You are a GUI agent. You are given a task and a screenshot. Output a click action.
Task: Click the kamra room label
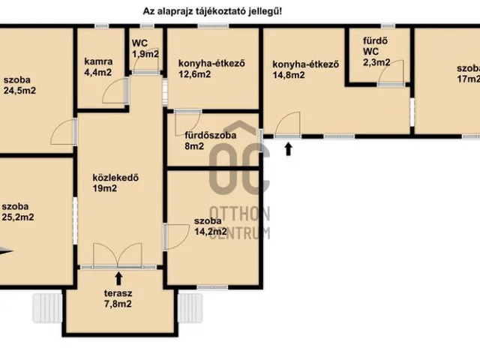pyautogui.click(x=98, y=61)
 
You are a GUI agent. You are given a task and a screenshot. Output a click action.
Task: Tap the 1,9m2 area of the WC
pyautogui.click(x=145, y=54)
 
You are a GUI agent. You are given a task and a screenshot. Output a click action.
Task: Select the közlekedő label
pyautogui.click(x=115, y=178)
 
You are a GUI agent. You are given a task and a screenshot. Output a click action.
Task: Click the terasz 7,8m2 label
pyautogui.click(x=118, y=298)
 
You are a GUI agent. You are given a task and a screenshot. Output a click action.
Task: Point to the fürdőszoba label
pyautogui.click(x=210, y=135)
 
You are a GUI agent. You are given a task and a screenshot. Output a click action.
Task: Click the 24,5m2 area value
pyautogui.click(x=19, y=91)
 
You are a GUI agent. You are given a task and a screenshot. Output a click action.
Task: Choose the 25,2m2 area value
pyautogui.click(x=18, y=217)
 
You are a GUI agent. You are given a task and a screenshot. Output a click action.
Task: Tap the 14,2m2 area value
pyautogui.click(x=211, y=231)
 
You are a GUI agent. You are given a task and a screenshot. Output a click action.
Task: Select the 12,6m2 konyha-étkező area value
pyautogui.click(x=195, y=74)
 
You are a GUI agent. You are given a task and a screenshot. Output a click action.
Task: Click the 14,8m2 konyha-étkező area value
pyautogui.click(x=289, y=75)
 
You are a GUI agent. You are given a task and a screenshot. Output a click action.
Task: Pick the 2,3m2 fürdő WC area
pyautogui.click(x=376, y=62)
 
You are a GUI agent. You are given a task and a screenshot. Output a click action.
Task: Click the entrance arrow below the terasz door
pyautogui.click(x=118, y=278)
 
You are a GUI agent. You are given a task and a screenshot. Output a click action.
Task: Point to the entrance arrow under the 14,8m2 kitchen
pyautogui.click(x=288, y=149)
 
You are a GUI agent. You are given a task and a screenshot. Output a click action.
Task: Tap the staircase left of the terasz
pyautogui.click(x=47, y=308)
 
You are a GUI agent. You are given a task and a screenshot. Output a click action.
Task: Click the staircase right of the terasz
pyautogui.click(x=190, y=308)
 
